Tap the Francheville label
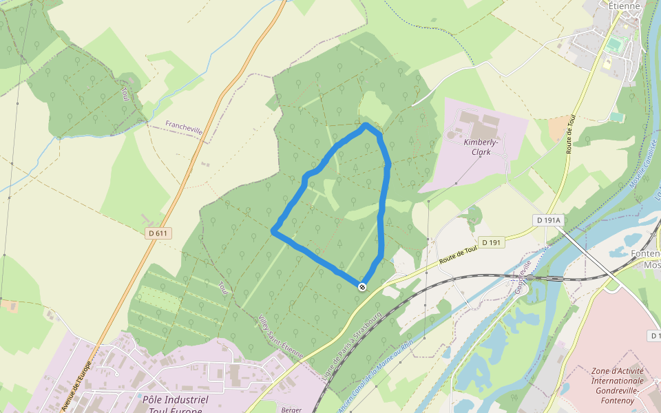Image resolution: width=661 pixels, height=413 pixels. pos(184,128)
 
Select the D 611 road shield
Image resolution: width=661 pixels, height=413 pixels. pos(158,233)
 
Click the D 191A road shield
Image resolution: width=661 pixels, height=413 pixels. pos(549,220)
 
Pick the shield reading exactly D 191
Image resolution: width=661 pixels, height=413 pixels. pos(492,242)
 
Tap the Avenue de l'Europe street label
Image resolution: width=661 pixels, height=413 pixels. pos(76,386)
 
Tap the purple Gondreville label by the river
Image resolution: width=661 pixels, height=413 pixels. pos(523,277)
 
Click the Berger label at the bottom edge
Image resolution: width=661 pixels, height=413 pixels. pos(291,410)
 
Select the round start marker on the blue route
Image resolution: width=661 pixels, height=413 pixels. pos(362,286)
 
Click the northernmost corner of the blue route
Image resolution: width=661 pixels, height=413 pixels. pos(366,126)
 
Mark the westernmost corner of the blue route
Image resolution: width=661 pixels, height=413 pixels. pos(274,231)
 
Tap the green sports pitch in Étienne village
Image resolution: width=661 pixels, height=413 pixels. pos(614,45)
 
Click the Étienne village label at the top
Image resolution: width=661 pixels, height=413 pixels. pos(625,6)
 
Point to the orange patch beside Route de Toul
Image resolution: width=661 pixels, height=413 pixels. pos(558,128)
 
